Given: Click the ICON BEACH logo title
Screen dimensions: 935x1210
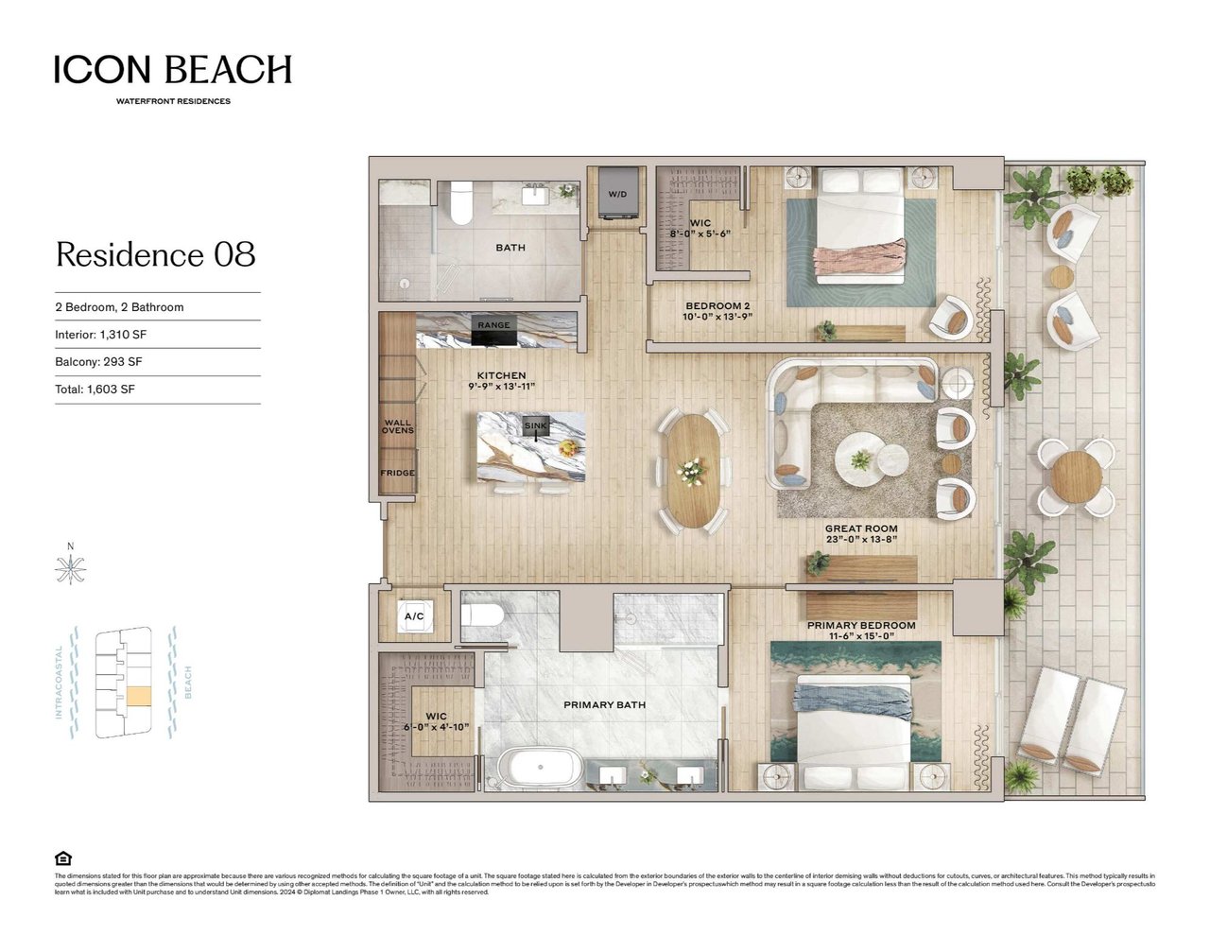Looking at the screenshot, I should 173,70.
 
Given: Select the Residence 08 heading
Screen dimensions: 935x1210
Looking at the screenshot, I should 156,254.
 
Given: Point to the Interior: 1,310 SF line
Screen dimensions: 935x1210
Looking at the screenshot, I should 101,335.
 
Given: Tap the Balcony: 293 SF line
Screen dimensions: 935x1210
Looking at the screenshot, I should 99,362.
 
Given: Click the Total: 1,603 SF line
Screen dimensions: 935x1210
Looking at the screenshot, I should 95,390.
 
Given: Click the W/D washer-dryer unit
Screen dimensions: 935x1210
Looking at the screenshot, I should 616,195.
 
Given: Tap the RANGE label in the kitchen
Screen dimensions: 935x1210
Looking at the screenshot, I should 493,325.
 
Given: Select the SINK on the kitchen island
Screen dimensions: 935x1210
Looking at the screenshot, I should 535,426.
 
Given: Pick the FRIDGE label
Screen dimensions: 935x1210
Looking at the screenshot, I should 398,473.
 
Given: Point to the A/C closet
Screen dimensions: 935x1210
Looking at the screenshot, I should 413,616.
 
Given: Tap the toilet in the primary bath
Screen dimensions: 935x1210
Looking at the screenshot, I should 483,616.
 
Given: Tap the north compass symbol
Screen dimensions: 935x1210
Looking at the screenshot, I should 71,568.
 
